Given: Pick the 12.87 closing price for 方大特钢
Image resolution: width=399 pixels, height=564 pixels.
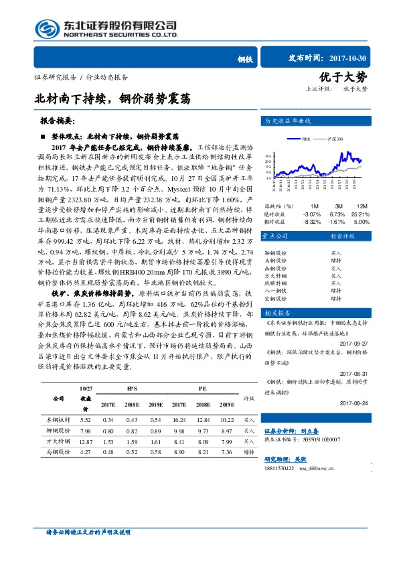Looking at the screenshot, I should [85, 442].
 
